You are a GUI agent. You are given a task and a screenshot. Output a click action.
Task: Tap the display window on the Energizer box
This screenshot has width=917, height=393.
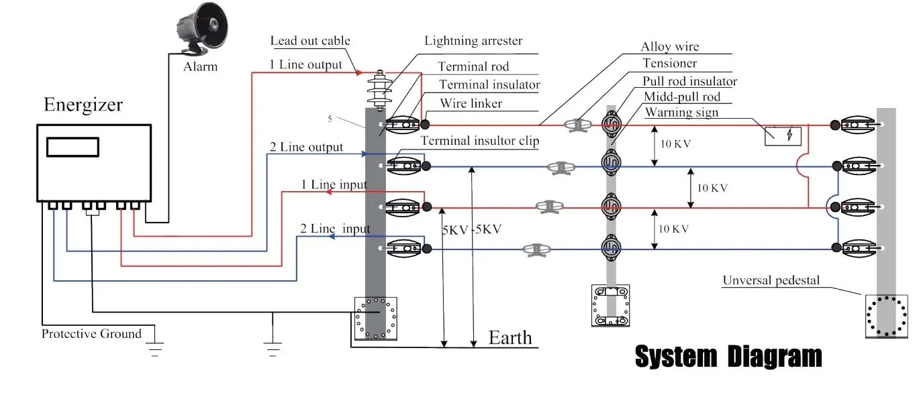pyautogui.click(x=73, y=146)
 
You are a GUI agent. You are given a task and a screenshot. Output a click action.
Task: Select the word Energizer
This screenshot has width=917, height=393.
pyautogui.click(x=83, y=105)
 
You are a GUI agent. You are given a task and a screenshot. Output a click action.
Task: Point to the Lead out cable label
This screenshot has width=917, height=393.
pyautogui.click(x=310, y=41)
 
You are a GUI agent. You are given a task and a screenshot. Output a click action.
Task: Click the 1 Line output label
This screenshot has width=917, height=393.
pyautogui.click(x=305, y=65)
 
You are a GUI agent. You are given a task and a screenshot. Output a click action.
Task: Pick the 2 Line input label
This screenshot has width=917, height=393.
pyautogui.click(x=335, y=229)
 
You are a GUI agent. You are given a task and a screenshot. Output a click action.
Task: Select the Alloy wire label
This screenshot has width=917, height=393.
pyautogui.click(x=669, y=46)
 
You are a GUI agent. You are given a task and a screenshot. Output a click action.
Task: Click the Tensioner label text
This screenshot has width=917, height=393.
pyautogui.click(x=669, y=63)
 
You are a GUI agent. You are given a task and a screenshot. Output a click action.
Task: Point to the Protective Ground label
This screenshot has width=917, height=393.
pyautogui.click(x=91, y=333)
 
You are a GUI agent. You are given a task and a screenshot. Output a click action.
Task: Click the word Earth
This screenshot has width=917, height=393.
pyautogui.click(x=510, y=337)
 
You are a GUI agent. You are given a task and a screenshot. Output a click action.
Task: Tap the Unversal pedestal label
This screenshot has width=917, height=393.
pyautogui.click(x=771, y=280)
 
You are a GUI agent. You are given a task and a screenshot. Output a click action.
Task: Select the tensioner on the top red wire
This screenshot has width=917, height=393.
pyautogui.click(x=576, y=125)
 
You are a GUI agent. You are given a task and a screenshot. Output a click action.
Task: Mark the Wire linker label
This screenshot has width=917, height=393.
pyautogui.click(x=471, y=103)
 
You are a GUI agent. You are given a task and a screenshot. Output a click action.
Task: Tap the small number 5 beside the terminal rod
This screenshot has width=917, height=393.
pyautogui.click(x=330, y=119)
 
